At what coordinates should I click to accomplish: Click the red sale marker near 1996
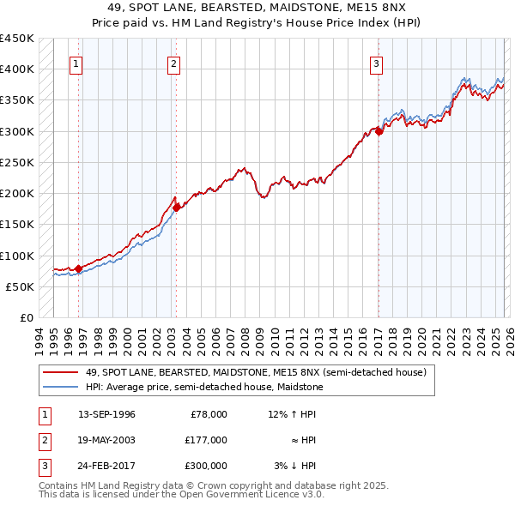click(78, 268)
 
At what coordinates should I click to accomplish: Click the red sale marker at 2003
click(176, 207)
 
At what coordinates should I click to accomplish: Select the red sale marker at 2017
click(379, 131)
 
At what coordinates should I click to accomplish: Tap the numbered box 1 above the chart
click(76, 63)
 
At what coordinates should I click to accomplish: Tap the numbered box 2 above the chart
click(173, 63)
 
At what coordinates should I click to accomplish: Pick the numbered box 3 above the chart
click(376, 63)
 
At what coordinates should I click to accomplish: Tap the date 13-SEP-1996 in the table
click(106, 414)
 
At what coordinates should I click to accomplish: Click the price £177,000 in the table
click(206, 440)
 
